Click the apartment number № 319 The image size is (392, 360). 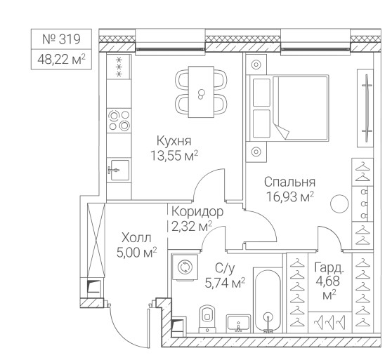62,39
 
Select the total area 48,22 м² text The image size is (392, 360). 62,60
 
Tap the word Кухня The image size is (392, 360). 174,141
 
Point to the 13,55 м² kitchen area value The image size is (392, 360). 174,156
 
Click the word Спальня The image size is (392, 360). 289,182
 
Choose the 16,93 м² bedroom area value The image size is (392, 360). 290,196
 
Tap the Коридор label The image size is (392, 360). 197,212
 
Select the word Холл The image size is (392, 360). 136,238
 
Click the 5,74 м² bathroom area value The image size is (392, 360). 225,283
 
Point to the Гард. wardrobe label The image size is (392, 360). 329,267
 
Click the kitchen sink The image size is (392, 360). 119,170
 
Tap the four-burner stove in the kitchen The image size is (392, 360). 119,121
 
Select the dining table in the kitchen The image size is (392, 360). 201,92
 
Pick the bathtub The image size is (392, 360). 268,300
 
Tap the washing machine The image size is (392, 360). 185,267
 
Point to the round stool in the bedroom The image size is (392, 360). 339,204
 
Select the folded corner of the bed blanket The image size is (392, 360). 281,131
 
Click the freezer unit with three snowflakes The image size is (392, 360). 119,67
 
